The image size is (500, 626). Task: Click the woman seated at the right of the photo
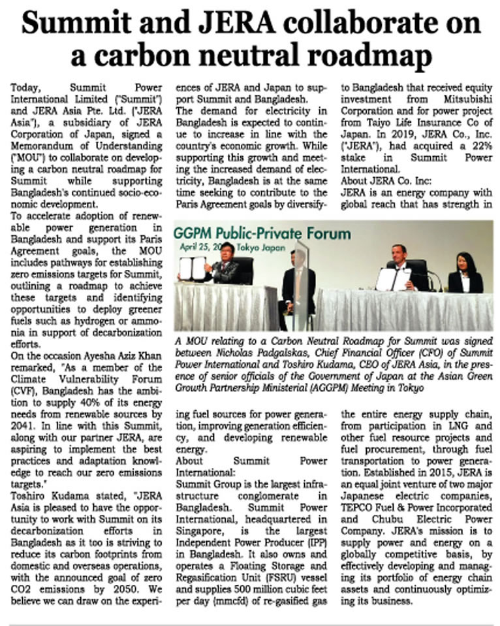(x=465, y=274)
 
